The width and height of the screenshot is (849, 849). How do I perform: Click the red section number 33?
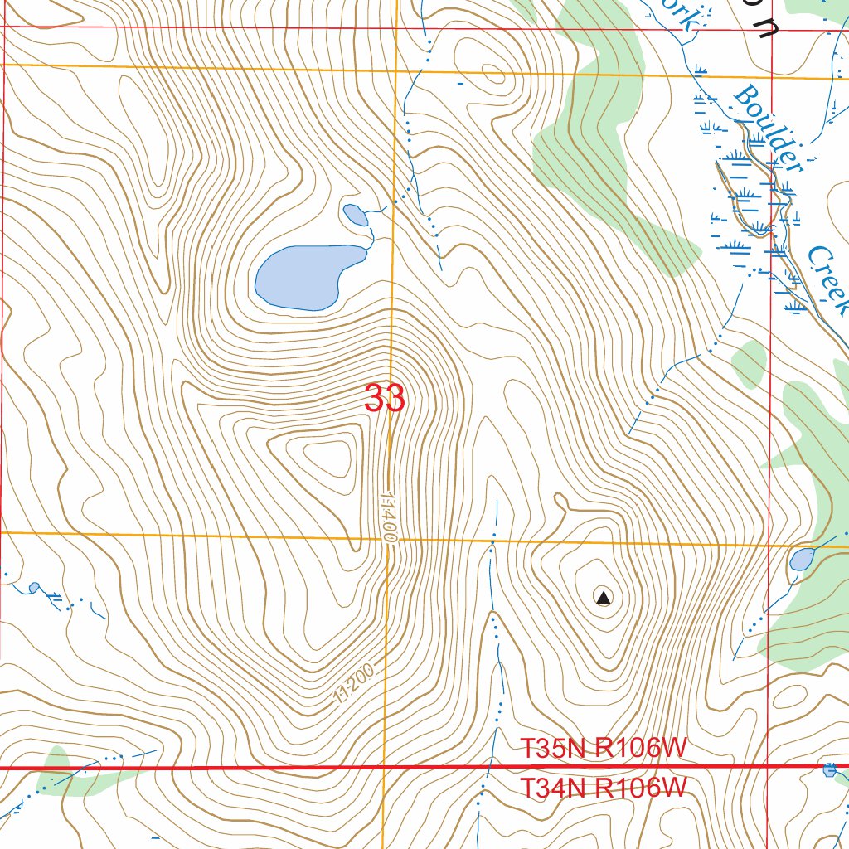[385, 399]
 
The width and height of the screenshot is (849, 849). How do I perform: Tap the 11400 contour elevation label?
[390, 516]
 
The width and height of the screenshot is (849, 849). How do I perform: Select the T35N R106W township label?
[604, 748]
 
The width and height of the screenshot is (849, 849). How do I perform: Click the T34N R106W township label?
[604, 788]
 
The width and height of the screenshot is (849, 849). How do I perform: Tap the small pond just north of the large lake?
[356, 216]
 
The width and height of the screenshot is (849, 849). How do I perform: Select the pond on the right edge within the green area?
[802, 559]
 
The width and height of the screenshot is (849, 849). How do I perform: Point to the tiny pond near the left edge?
[34, 587]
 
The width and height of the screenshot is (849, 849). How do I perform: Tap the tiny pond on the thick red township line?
[830, 770]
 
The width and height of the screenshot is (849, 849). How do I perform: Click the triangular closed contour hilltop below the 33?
[328, 458]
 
